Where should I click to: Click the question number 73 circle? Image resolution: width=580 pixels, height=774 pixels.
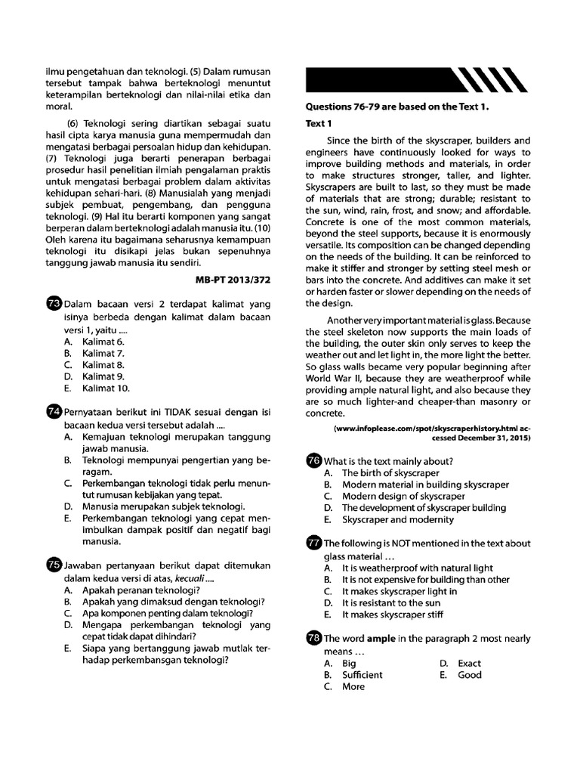[x=54, y=304]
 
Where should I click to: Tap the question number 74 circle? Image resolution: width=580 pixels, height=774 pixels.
[x=54, y=412]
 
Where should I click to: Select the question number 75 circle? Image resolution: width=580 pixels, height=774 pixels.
[x=54, y=564]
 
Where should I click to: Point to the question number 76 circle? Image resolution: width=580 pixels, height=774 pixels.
[x=313, y=461]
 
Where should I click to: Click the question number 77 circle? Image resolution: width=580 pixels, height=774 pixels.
[x=313, y=543]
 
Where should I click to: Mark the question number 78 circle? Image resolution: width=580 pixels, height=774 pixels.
[x=313, y=639]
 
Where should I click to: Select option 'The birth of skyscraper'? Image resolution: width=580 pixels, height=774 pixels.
[x=390, y=473]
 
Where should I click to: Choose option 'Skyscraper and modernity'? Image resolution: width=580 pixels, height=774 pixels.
[x=398, y=520]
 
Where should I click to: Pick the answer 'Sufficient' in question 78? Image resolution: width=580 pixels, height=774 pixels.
[x=362, y=675]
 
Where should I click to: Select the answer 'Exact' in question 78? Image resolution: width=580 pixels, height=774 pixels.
[x=469, y=663]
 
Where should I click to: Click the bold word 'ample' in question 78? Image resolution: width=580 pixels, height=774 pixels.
[x=381, y=639]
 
